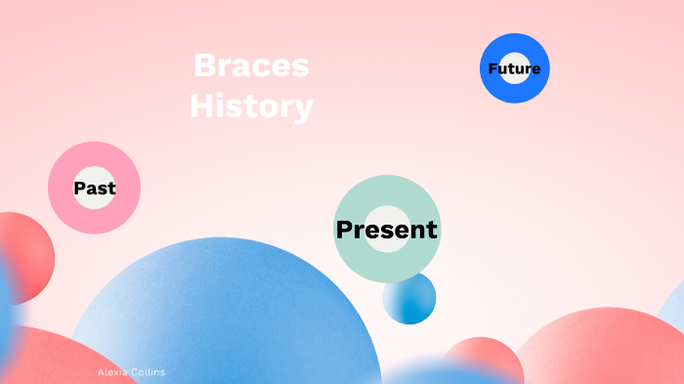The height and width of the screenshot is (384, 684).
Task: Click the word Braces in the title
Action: point(251,66)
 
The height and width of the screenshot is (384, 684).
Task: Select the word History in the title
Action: point(251,106)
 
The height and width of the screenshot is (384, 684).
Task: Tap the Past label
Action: point(95,189)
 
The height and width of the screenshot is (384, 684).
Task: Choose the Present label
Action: point(387,230)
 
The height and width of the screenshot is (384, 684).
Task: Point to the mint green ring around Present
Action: point(387,191)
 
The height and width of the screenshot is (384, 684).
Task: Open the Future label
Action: point(514,68)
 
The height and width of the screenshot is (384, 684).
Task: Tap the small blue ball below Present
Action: point(410,299)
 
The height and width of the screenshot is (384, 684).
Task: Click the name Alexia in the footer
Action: point(112,372)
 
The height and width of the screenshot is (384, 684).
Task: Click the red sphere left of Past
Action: point(21,256)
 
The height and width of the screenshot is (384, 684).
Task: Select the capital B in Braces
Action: point(203,66)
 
